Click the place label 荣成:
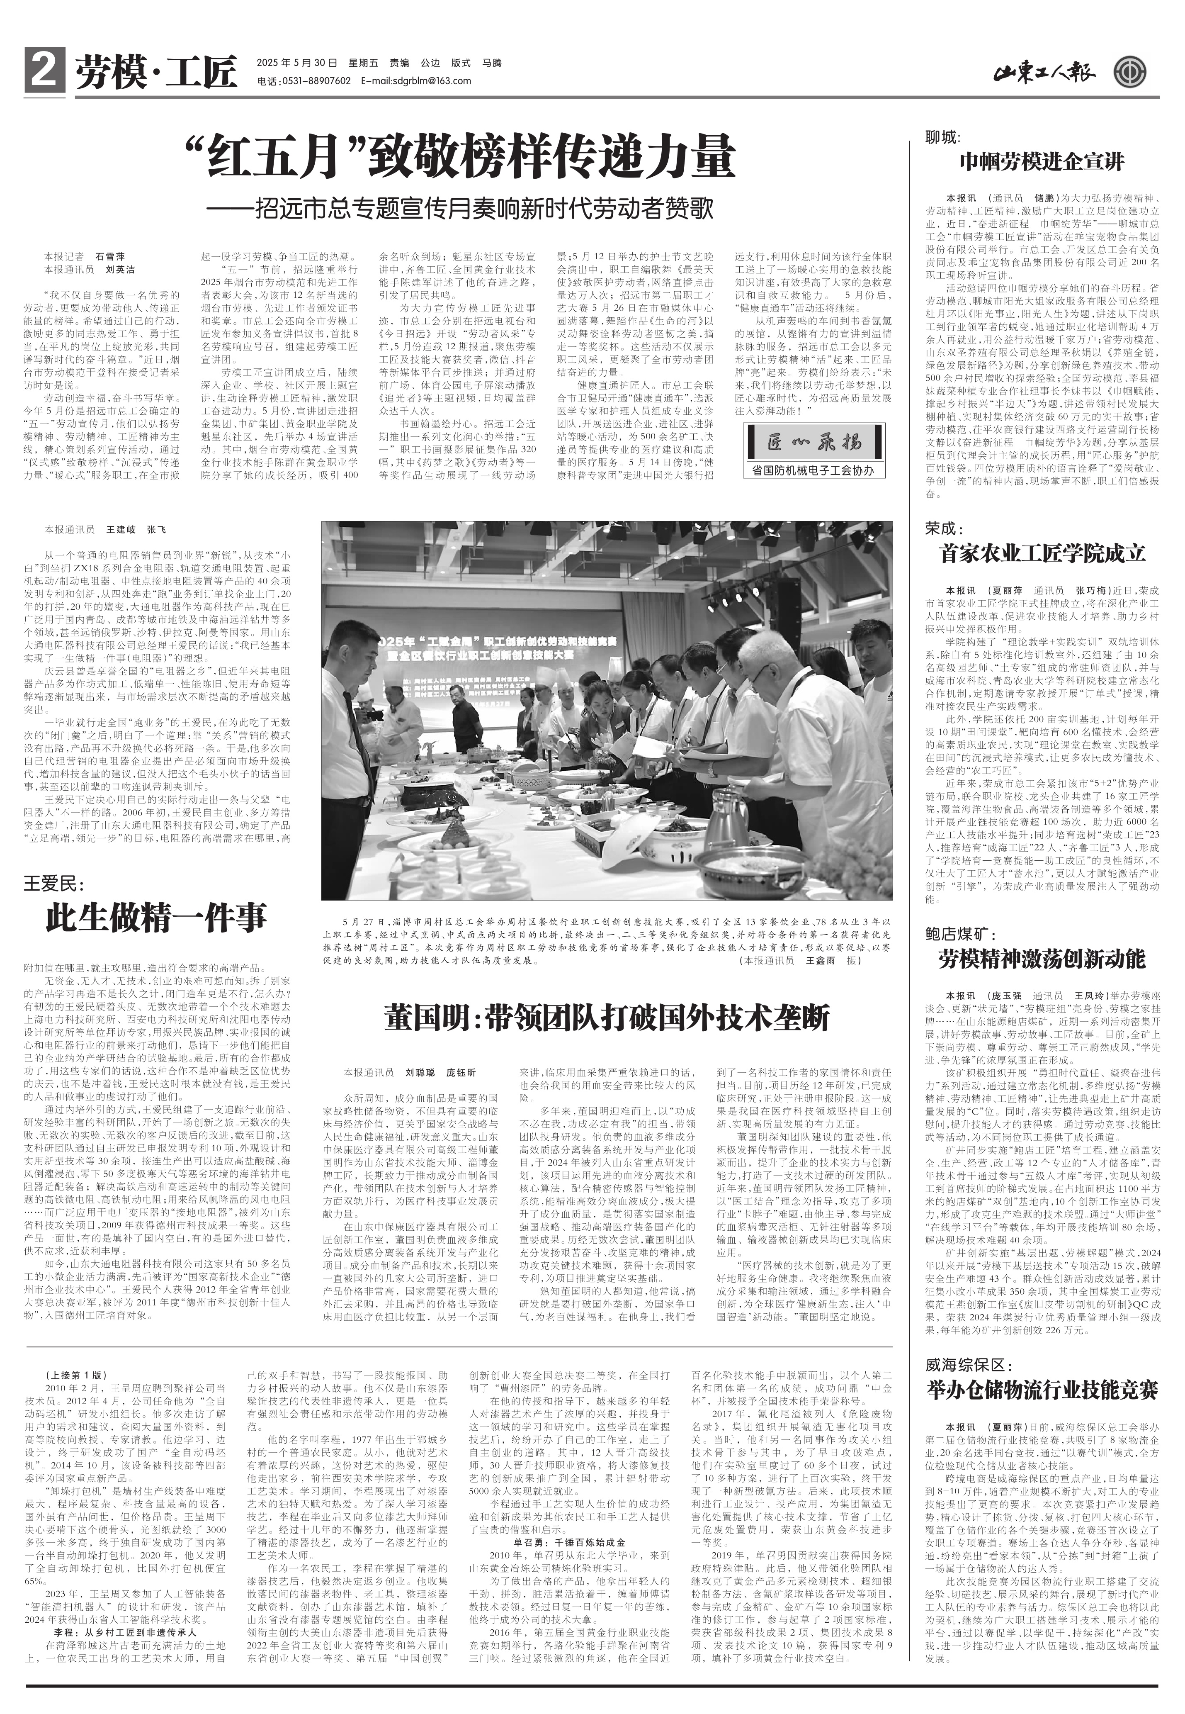(942, 529)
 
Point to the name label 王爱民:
(56, 884)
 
